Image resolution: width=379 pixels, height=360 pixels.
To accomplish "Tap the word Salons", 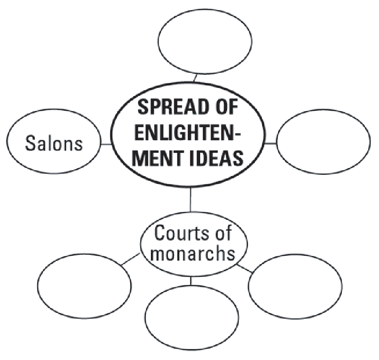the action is tap(54, 143).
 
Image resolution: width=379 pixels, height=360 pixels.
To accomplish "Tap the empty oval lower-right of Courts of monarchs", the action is tap(295, 288).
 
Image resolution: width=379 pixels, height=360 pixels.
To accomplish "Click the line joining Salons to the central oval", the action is tap(106, 143).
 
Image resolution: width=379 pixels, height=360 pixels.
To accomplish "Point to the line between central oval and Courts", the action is tap(190, 199).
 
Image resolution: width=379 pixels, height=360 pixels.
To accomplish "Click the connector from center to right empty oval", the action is tap(270, 143).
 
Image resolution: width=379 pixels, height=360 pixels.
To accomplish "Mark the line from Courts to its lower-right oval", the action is tap(245, 269).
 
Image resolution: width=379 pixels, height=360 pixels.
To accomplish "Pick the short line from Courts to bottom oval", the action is tap(191, 280).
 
